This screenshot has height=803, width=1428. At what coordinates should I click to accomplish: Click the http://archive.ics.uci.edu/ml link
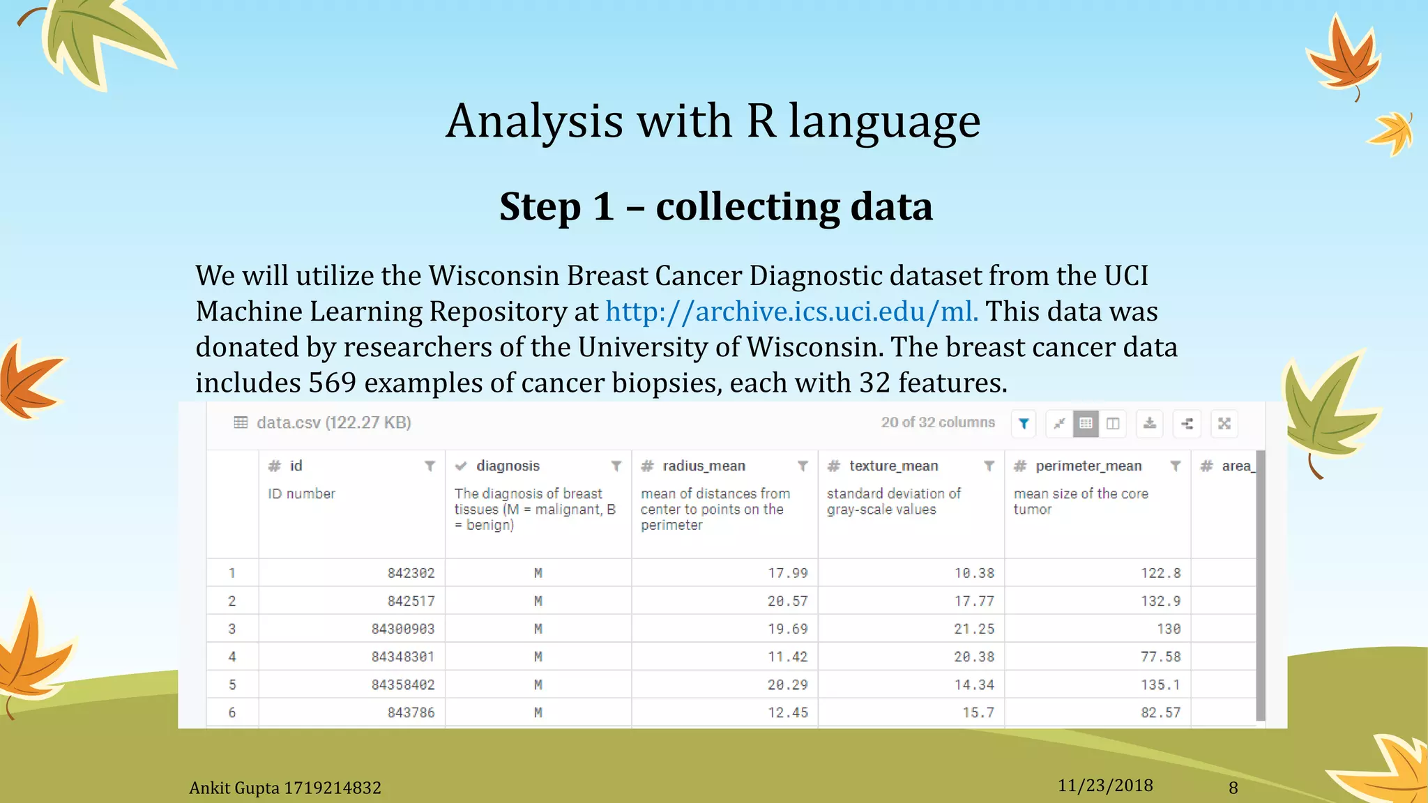click(791, 312)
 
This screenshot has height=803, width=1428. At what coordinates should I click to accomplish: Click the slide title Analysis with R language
click(713, 121)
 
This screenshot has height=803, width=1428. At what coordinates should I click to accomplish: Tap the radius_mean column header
click(704, 466)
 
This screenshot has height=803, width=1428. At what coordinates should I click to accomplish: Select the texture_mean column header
click(893, 466)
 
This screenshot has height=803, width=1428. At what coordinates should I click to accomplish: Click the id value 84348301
click(402, 657)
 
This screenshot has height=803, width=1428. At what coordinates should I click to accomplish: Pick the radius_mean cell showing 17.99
click(787, 573)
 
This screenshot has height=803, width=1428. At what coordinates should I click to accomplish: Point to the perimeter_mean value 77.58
click(1160, 657)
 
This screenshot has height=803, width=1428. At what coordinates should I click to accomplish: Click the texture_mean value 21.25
click(974, 629)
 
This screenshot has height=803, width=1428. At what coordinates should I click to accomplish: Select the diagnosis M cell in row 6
click(538, 712)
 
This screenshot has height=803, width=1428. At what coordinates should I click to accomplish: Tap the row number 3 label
click(232, 629)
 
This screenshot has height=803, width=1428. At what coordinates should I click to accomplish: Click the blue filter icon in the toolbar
click(1024, 424)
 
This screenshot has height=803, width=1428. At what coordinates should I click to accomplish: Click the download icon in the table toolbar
click(1149, 424)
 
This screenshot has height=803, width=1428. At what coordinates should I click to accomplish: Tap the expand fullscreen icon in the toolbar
click(1224, 424)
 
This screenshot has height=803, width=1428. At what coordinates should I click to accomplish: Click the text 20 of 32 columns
click(938, 422)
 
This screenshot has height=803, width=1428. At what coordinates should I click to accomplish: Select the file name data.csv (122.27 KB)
click(333, 422)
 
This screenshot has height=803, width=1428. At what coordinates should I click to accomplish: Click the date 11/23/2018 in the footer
click(1105, 786)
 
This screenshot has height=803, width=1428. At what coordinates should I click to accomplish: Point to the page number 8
click(1233, 788)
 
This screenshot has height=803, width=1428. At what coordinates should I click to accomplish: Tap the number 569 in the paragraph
click(332, 383)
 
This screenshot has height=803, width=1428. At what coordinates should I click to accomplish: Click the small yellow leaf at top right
click(1392, 132)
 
